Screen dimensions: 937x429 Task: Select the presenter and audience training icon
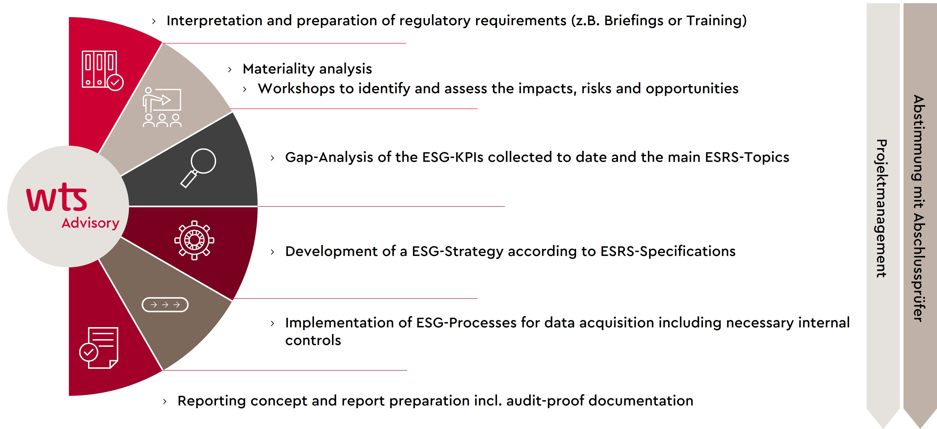point(162,107)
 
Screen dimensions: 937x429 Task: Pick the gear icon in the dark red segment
point(194,240)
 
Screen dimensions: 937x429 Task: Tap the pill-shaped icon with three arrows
point(165,304)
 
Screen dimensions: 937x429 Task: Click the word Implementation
point(348,323)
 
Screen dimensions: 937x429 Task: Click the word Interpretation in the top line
point(214,21)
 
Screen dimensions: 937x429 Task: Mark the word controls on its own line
point(313,340)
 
